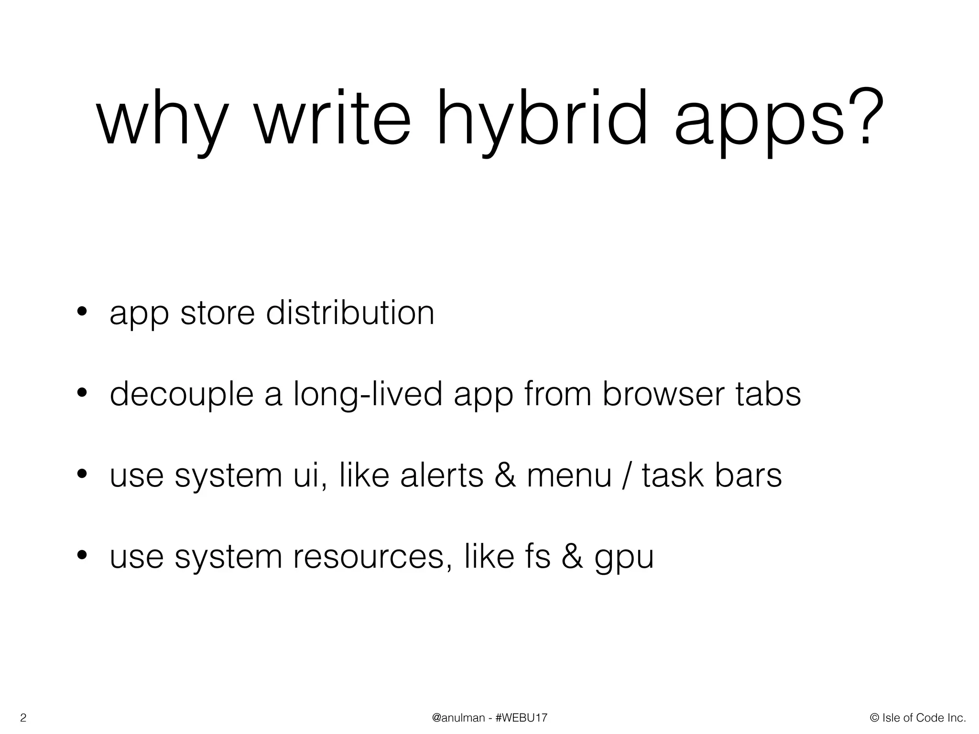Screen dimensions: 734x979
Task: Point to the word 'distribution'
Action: [350, 313]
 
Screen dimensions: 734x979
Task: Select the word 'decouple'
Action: [181, 396]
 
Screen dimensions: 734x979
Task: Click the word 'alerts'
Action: [442, 476]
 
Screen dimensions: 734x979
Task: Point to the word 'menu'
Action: [569, 477]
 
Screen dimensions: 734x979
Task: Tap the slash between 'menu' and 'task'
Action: [627, 477]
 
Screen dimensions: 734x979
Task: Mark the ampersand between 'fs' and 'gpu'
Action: [572, 557]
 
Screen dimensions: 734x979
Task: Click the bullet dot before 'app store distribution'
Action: [82, 313]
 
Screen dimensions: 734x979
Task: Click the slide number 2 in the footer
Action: [22, 718]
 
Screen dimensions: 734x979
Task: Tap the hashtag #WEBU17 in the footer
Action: [522, 718]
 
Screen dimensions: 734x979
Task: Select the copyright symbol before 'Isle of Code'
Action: [875, 718]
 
